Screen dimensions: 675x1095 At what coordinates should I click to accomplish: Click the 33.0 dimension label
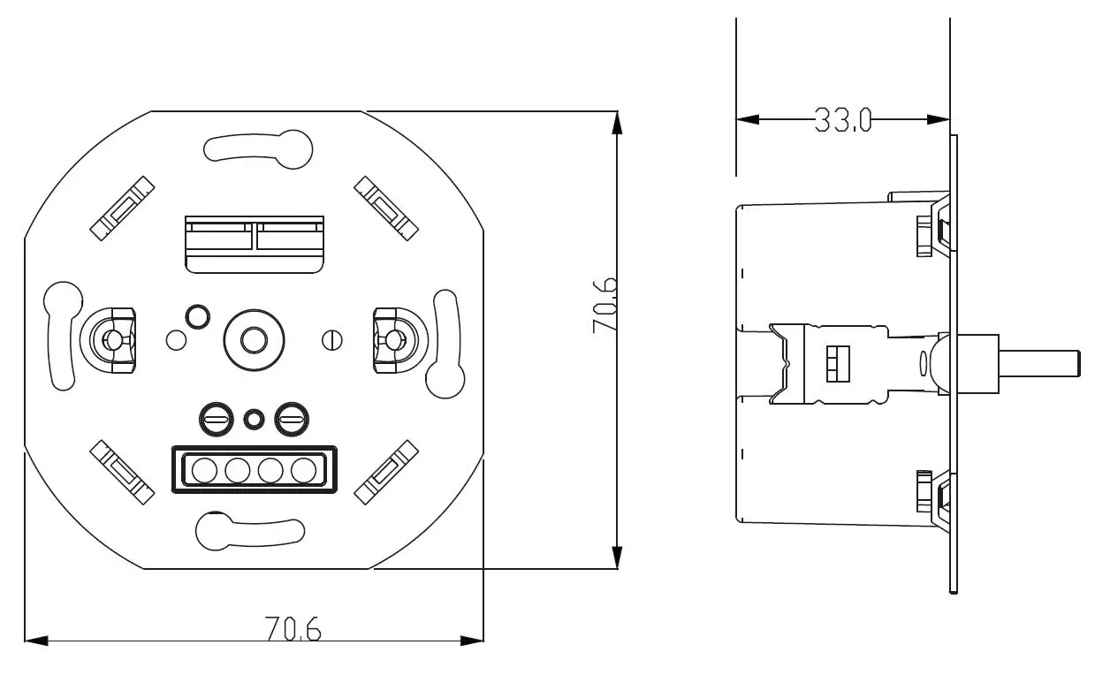click(x=842, y=120)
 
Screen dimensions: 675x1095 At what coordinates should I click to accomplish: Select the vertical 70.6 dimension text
click(x=605, y=305)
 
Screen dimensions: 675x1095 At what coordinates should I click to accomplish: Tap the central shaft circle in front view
click(x=255, y=338)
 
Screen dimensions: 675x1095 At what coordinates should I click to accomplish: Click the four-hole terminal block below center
click(x=254, y=470)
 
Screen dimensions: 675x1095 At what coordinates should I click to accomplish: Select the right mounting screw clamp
click(x=392, y=338)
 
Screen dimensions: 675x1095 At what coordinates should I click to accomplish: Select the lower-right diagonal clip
click(x=385, y=471)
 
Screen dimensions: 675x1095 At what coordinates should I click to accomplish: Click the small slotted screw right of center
click(x=332, y=338)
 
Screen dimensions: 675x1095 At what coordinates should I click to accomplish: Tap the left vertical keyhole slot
click(x=63, y=337)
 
